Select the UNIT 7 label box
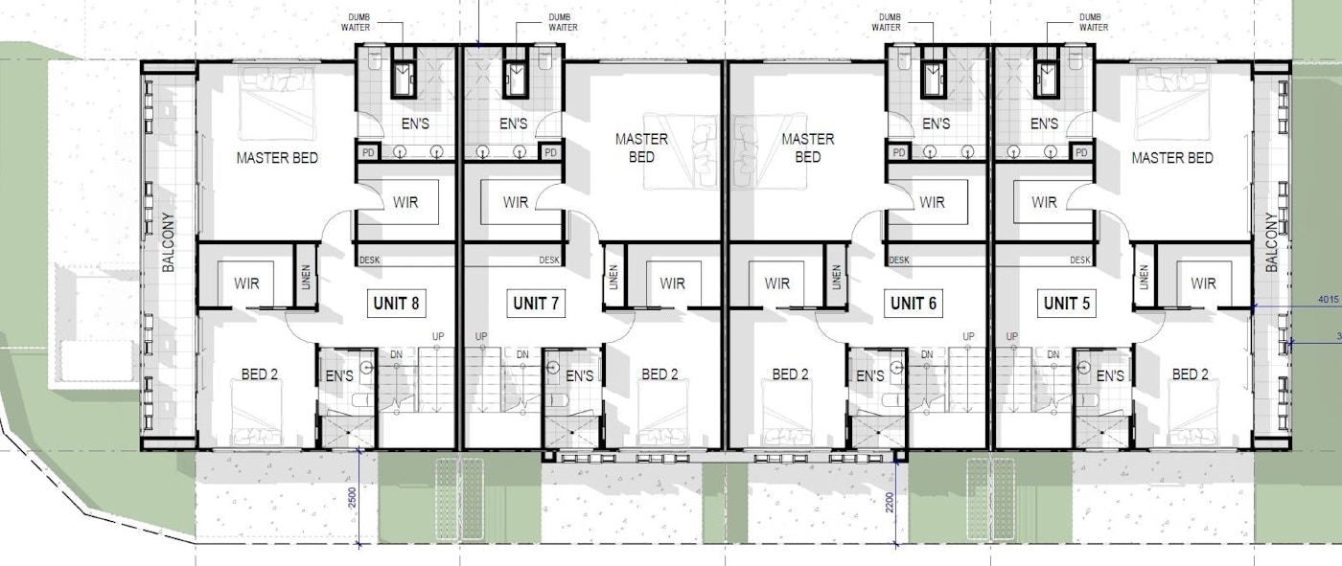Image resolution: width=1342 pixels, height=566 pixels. click(x=536, y=304)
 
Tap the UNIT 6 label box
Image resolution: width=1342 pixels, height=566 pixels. click(x=913, y=304)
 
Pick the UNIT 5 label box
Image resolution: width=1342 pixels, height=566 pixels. click(x=1059, y=304)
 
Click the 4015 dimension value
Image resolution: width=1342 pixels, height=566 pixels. click(x=1327, y=299)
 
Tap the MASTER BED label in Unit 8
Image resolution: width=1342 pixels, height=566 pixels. click(x=277, y=158)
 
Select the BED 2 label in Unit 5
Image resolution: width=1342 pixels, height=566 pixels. click(x=1192, y=374)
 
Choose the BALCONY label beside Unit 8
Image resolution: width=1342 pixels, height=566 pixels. click(x=169, y=243)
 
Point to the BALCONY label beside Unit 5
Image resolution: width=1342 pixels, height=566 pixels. click(x=1273, y=243)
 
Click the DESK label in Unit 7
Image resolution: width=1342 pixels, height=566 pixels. click(x=549, y=260)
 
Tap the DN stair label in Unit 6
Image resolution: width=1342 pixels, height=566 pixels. click(x=927, y=355)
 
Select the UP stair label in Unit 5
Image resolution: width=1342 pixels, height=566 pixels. click(x=1011, y=336)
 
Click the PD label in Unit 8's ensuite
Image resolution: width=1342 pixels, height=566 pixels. click(x=368, y=152)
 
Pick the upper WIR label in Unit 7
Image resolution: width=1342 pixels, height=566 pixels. click(x=516, y=202)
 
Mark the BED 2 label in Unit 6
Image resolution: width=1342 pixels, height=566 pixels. click(x=791, y=374)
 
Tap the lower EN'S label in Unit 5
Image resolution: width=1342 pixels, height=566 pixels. click(x=1109, y=376)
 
